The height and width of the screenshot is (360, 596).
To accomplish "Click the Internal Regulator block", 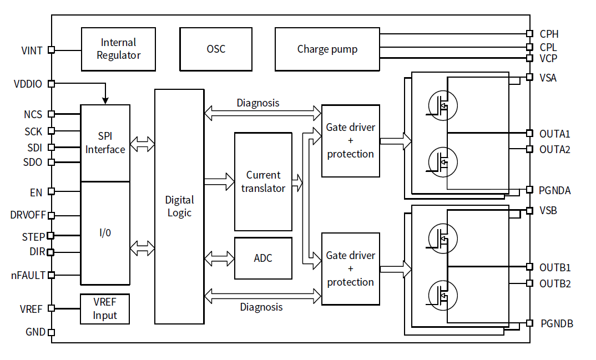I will point(118,49).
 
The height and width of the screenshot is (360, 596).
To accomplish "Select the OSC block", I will point(216,49).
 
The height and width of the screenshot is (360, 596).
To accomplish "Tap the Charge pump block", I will point(327,49).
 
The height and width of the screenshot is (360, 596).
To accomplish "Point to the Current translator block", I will point(263,181).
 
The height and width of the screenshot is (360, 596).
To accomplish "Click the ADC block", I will point(263,258).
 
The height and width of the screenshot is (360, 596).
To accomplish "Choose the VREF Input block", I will point(105,309).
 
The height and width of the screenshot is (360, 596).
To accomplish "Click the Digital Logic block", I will point(179,206).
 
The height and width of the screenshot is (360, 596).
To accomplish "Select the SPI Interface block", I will point(105,143).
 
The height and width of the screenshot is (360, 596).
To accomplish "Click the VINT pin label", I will point(32,50).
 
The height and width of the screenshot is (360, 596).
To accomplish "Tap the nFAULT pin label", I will point(28,275).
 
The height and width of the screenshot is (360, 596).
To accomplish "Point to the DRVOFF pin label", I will point(28,215).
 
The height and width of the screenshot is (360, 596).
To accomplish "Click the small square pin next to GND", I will point(51,333).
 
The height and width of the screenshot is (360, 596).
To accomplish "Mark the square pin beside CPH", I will point(529,34).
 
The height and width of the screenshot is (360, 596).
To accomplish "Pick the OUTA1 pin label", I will point(554,134).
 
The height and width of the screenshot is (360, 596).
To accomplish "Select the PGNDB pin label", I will point(557,323).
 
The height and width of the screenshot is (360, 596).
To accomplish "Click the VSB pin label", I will point(548,211).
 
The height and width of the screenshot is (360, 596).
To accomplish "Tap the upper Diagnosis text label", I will point(258,103).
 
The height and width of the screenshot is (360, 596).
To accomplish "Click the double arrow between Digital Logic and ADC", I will point(219,258).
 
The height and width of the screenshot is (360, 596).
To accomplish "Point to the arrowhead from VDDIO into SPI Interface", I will point(105,101).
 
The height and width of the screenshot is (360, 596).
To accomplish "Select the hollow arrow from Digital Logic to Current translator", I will point(219,181).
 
